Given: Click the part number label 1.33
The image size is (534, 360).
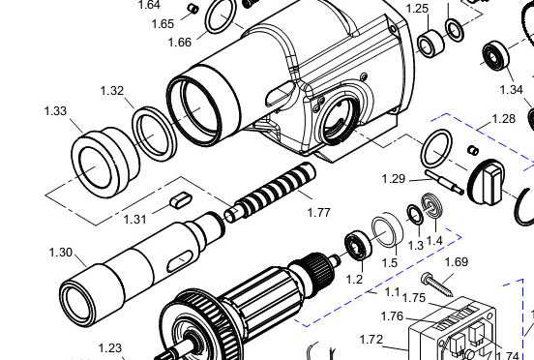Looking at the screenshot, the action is (x=55, y=111).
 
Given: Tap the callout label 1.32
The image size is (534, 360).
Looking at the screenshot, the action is (x=112, y=91).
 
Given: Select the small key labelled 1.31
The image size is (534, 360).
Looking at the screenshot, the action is (x=181, y=199).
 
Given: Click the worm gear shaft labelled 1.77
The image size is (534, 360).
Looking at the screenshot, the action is (x=270, y=190).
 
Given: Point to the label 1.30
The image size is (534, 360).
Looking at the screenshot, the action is (x=61, y=253).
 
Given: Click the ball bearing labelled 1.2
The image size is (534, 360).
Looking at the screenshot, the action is (x=358, y=245).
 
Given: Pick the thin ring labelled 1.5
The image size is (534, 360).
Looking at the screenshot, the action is (x=388, y=229).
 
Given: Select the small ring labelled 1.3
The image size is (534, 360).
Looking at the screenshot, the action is (x=415, y=215).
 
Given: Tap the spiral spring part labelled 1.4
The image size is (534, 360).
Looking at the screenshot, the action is (x=432, y=206).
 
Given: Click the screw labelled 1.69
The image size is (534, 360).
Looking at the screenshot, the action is (x=437, y=285).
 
